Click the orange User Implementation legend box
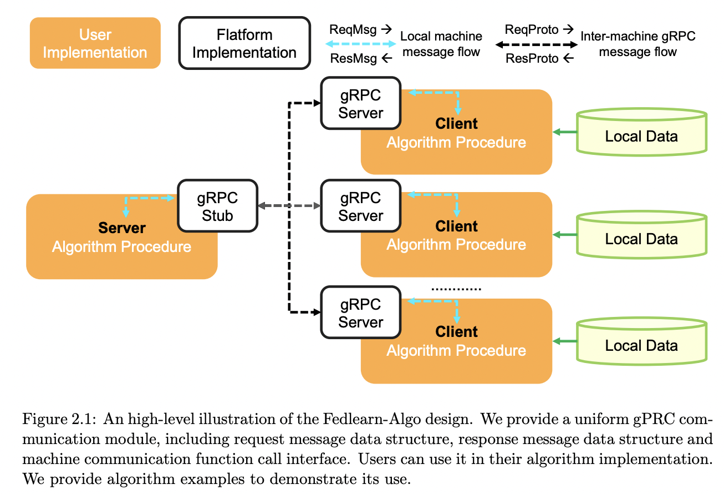pyautogui.click(x=95, y=43)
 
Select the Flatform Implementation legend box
pyautogui.click(x=244, y=43)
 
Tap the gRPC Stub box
pyautogui.click(x=217, y=206)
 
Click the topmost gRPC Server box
pyautogui.click(x=361, y=103)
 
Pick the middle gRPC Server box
pyautogui.click(x=361, y=206)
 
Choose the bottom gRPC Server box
pyautogui.click(x=361, y=312)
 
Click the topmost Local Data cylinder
pyautogui.click(x=641, y=132)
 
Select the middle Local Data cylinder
pyautogui.click(x=641, y=235)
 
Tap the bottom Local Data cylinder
pyautogui.click(x=641, y=341)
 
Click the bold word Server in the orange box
pyautogui.click(x=122, y=228)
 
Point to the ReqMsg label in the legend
pyautogui.click(x=353, y=30)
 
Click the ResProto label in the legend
pyautogui.click(x=532, y=58)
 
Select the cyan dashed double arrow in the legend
pyautogui.click(x=360, y=44)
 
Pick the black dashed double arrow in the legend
pyautogui.click(x=537, y=44)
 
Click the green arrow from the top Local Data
pyautogui.click(x=565, y=132)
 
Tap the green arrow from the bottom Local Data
pyautogui.click(x=565, y=341)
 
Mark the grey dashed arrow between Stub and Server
pyautogui.click(x=289, y=205)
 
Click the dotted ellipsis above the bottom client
pyautogui.click(x=456, y=289)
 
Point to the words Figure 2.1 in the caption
pyautogui.click(x=59, y=419)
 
